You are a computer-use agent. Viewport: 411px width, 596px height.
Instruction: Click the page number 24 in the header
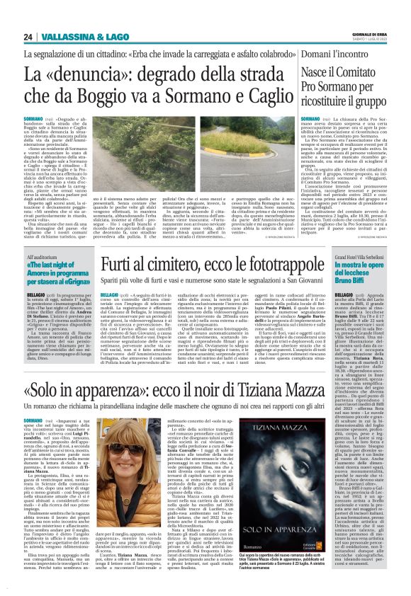[x=28, y=36]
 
